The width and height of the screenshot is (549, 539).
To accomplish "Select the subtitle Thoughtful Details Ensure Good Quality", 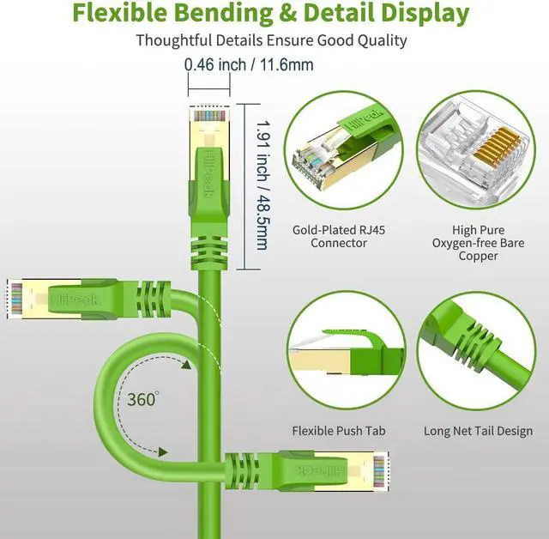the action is click(271, 40).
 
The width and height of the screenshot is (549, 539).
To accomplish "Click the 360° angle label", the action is click(142, 399).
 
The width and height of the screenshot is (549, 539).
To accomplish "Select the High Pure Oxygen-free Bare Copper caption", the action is click(478, 243).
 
